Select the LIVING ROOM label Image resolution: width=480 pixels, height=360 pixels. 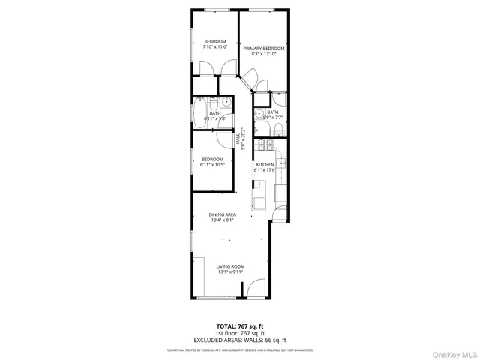[x=231, y=266]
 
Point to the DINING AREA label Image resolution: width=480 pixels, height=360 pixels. [x=223, y=214]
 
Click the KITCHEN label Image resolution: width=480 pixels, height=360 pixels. [x=265, y=164]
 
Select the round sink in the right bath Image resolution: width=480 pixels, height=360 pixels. [x=258, y=115]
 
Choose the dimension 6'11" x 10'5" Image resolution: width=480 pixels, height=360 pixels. [x=213, y=165]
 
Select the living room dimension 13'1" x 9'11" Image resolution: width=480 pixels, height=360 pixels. [x=231, y=272]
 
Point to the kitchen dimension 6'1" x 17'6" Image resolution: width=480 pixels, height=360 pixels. [x=265, y=170]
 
